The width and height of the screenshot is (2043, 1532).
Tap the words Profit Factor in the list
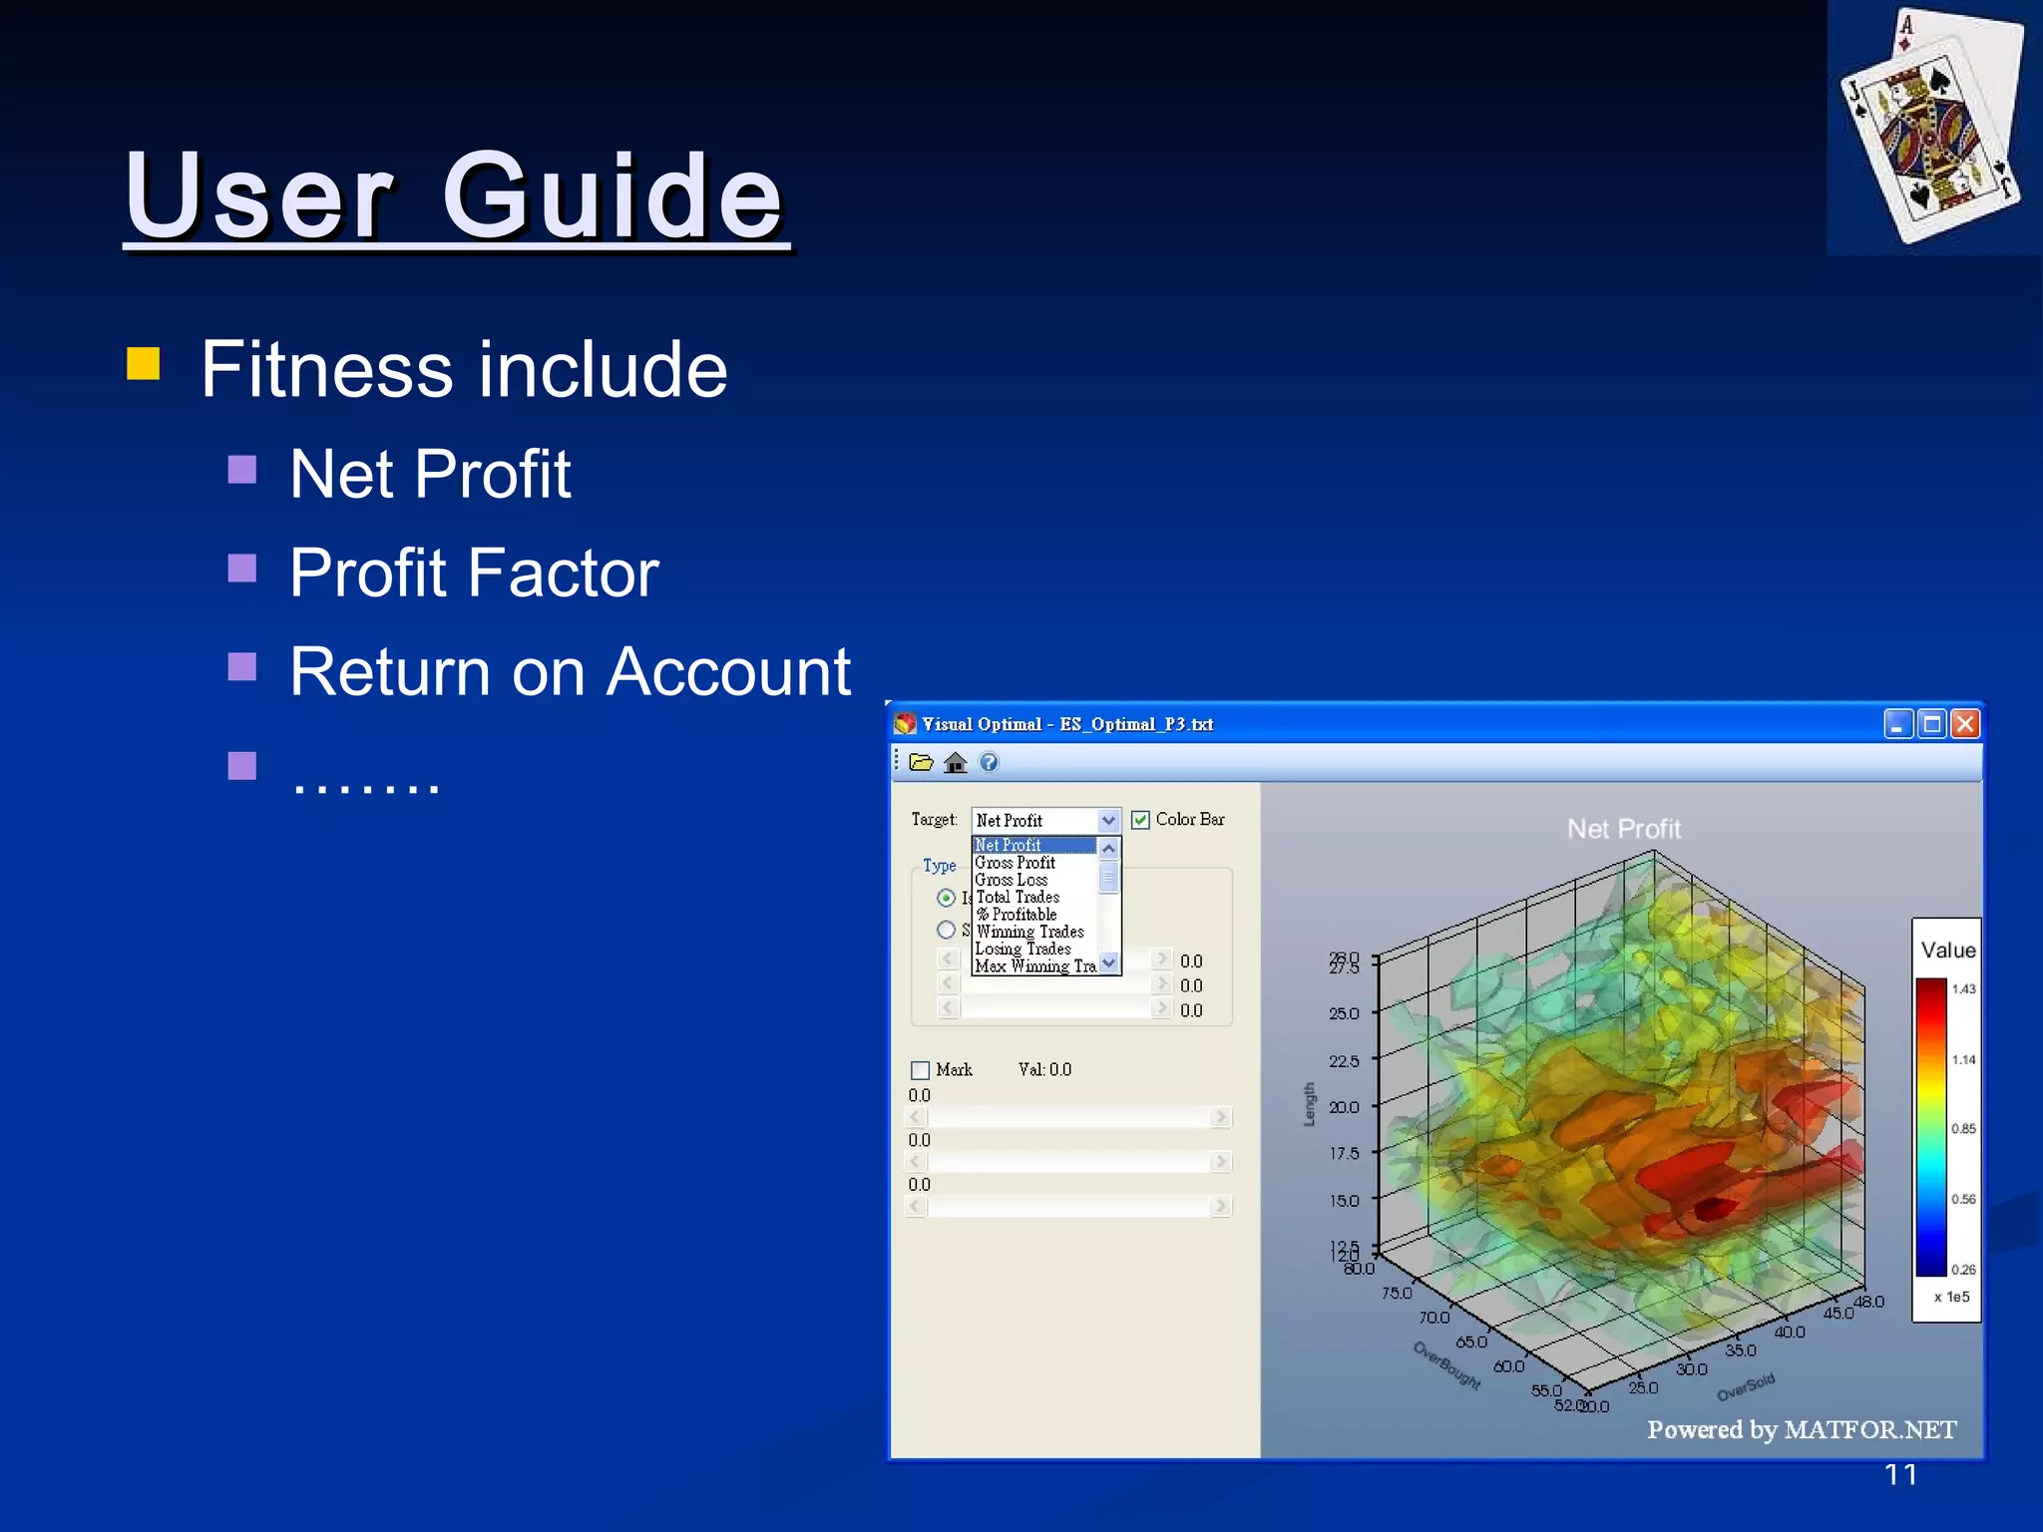coord(474,573)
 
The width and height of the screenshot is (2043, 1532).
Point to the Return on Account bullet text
coord(570,671)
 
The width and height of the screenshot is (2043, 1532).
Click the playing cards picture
coord(1931,126)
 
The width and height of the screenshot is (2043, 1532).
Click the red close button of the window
coord(1964,724)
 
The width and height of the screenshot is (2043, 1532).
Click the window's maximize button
coord(1931,724)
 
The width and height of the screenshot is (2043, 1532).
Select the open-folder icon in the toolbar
coord(921,763)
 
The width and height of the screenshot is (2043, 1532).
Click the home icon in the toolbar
coord(955,763)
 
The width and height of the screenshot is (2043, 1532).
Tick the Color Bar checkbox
coord(1140,820)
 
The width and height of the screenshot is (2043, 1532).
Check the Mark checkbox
coord(920,1070)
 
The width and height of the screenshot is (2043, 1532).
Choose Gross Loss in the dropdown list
coord(1011,880)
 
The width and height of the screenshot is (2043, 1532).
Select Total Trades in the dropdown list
coord(1017,897)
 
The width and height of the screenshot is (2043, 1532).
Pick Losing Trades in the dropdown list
coord(1022,949)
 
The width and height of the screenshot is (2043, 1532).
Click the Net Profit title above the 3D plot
coord(1623,829)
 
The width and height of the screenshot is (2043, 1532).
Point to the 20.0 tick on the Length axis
coord(1343,1107)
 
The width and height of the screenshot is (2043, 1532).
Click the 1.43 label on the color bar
coord(1963,989)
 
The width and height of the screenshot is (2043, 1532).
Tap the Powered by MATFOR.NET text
coord(1801,1430)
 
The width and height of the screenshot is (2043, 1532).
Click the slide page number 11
coord(1900,1475)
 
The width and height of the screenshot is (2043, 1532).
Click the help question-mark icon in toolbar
coord(989,763)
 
